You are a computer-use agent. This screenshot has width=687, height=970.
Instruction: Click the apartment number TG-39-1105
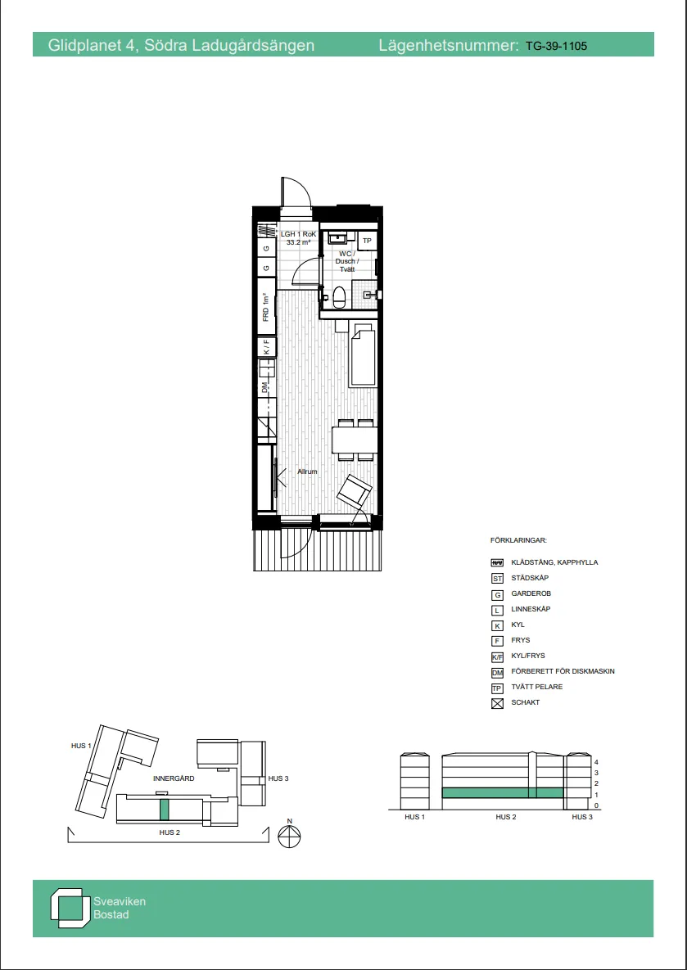[x=556, y=46]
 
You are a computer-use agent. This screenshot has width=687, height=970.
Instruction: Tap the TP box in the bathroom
[x=366, y=241]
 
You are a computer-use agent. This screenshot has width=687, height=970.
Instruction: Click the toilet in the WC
[x=339, y=298]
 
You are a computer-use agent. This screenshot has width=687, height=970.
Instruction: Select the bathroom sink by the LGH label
[x=338, y=237]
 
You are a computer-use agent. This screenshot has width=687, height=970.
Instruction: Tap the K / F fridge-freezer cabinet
[x=267, y=347]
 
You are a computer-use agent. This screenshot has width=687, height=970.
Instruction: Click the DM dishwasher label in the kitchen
[x=265, y=389]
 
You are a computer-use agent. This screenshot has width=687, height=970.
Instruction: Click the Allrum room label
[x=307, y=471]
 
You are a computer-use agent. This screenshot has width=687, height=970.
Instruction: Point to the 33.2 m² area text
[x=298, y=242]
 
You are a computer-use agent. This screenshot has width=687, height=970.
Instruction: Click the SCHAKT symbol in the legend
[x=497, y=703]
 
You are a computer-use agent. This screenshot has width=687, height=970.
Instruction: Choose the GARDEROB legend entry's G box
[x=497, y=594]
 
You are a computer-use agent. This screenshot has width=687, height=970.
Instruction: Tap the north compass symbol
[x=288, y=836]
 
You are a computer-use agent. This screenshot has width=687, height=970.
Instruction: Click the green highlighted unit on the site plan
[x=164, y=810]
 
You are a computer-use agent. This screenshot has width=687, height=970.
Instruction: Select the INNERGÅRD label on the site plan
[x=174, y=778]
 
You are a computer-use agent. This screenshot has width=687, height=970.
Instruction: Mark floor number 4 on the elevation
[x=596, y=763]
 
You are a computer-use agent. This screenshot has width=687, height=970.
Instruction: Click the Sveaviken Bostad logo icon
[x=67, y=908]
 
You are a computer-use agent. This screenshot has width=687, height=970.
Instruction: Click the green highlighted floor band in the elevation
[x=503, y=793]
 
